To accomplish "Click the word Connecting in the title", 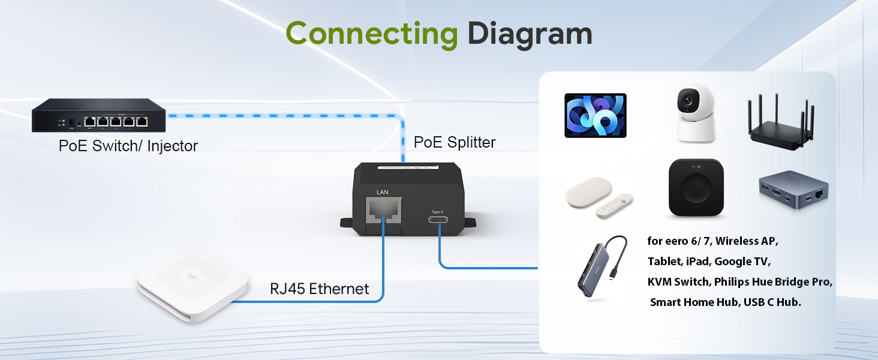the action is [x=372, y=35].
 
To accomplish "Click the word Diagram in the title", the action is [x=530, y=35].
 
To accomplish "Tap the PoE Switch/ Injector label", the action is [x=128, y=146].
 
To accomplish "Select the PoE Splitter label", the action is [x=455, y=142].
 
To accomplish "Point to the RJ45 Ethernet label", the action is [x=320, y=289].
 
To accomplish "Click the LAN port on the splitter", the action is [x=383, y=210].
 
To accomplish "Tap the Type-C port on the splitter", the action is [x=438, y=220].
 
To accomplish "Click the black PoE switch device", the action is [x=99, y=115].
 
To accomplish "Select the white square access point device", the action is [x=193, y=283].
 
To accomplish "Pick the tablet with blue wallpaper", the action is [x=596, y=115].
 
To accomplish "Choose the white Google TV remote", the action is [x=614, y=206].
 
